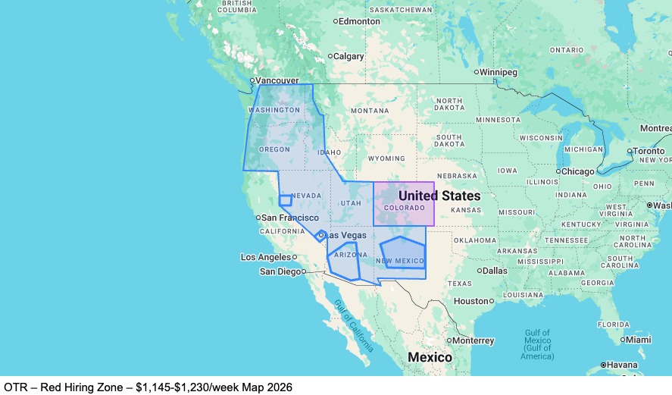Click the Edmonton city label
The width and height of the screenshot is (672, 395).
360,21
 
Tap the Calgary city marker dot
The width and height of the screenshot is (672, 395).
330,56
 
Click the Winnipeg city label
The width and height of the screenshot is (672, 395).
499,72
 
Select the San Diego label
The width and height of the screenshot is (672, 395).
280,271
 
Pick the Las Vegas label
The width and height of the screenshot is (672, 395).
349,236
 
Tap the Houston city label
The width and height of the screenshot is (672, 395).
470,301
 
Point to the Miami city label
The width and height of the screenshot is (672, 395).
638,340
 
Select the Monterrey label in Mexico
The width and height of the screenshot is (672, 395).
474,340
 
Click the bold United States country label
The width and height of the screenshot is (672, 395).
439,196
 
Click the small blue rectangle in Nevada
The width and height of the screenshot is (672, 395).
286,201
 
